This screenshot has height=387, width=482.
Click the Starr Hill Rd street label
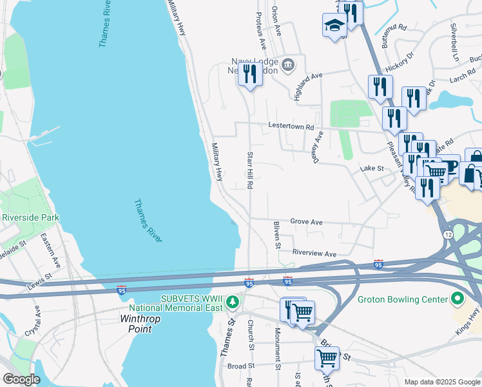249,170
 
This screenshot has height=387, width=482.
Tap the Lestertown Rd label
291,127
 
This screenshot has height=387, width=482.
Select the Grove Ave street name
306,221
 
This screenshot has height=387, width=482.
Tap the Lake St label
372,168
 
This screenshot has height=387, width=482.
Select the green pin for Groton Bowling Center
458,299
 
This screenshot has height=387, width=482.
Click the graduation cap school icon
334,26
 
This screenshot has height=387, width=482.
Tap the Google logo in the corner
21,379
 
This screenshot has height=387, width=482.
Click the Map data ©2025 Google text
441,382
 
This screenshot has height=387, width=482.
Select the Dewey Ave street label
318,147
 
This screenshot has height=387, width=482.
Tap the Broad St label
242,366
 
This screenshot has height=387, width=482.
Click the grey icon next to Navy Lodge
287,63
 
